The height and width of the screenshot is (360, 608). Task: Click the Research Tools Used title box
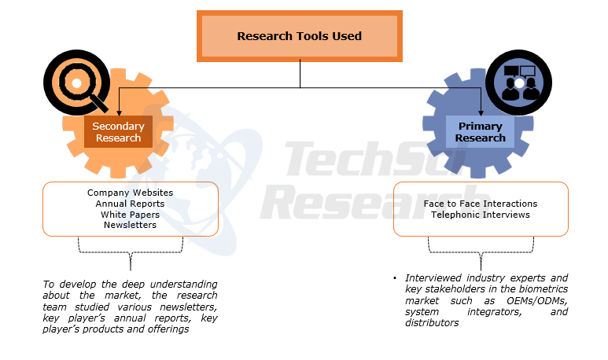point(299,36)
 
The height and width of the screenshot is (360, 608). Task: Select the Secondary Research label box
point(118,132)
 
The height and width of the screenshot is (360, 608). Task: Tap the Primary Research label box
point(480,132)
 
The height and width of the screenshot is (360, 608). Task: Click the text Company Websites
point(130,193)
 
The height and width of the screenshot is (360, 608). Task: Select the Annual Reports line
point(130,204)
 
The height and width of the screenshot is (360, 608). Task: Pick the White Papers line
point(130,214)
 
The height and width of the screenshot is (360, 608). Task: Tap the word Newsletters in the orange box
point(130,225)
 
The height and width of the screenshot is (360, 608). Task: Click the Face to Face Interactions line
point(481,204)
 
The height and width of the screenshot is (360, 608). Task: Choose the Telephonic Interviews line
point(481,215)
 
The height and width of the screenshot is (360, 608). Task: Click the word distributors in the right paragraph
point(432,323)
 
